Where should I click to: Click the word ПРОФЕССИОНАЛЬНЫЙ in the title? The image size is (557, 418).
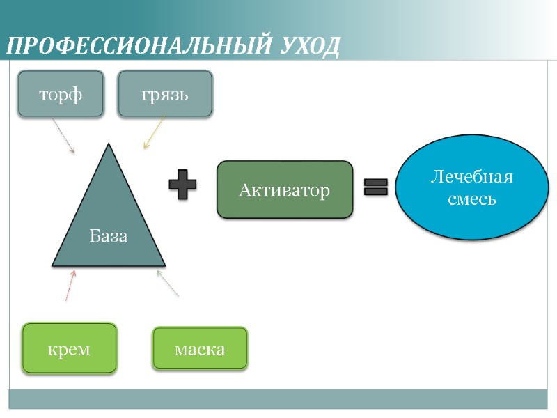point(133,47)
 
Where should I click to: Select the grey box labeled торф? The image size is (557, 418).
point(61,94)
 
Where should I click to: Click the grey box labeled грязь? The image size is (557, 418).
point(165,94)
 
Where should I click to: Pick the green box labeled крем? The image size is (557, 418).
point(69,348)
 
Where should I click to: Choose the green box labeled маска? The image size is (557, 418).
point(200,348)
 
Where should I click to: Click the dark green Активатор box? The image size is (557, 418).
point(285,189)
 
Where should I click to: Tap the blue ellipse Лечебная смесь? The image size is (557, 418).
point(471,187)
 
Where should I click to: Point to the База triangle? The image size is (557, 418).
point(109,223)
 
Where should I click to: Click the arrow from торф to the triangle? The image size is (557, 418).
point(63,136)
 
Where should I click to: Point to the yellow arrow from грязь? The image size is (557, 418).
point(155,132)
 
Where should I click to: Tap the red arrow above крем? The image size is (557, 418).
point(70,286)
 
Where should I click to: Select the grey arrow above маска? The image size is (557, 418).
point(168,284)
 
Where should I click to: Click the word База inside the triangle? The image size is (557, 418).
point(109,235)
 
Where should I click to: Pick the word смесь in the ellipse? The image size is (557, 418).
point(471,199)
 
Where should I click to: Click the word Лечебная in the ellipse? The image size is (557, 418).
point(471,177)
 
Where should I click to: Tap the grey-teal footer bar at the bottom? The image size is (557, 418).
point(278,398)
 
